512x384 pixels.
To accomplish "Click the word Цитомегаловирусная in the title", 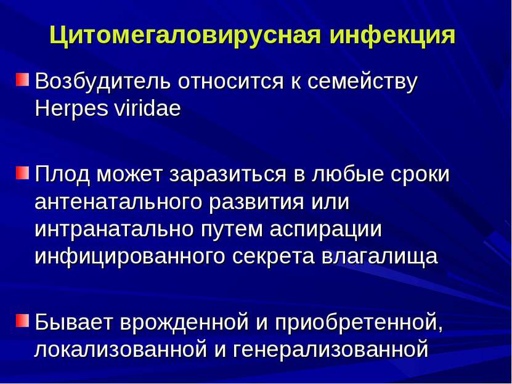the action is [185, 35].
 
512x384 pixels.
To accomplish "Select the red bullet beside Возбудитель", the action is [22, 80].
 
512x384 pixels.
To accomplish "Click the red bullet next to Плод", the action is [22, 173].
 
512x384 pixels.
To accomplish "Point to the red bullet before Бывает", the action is [22, 321].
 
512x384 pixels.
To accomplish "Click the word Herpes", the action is [71, 109].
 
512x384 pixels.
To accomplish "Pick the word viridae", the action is [148, 108].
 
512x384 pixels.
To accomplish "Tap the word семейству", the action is [362, 81].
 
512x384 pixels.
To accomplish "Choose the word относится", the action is [230, 81].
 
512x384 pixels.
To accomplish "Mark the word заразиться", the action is [227, 174].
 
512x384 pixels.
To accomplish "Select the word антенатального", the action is [118, 202].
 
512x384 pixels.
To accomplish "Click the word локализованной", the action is [121, 349].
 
